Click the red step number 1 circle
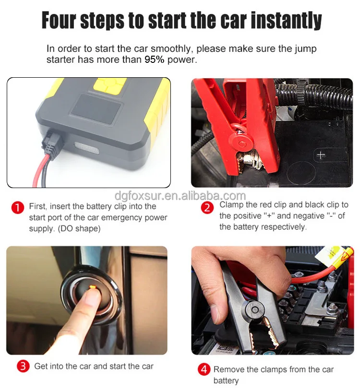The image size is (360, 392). click(17, 208)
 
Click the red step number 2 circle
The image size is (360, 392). click(207, 208)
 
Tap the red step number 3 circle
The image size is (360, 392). click(23, 367)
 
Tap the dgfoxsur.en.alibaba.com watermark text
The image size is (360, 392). click(180, 196)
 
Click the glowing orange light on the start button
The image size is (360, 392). click(91, 287)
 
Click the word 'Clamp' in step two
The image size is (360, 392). click(231, 205)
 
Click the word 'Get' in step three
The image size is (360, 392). click(41, 366)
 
